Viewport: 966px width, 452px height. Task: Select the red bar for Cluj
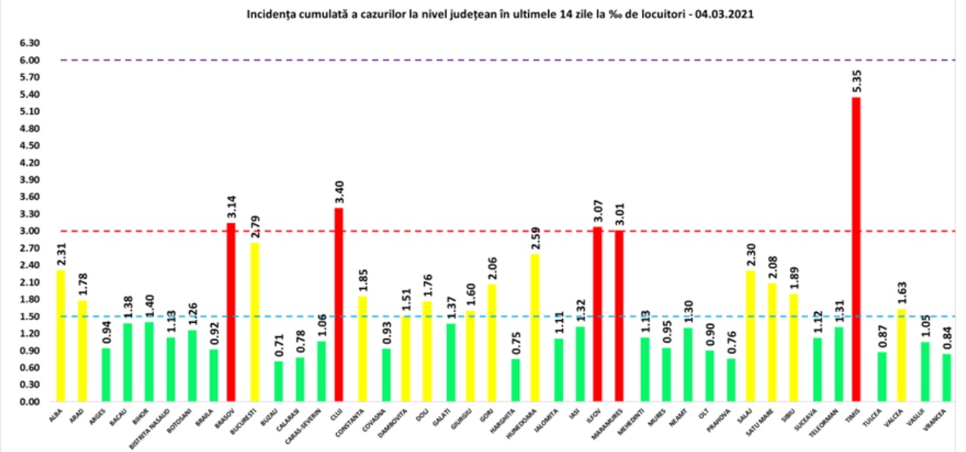click(x=338, y=304)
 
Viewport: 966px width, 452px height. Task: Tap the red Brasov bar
click(x=231, y=311)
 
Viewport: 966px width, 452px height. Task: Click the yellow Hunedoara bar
click(x=535, y=327)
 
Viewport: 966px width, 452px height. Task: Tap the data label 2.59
click(x=535, y=237)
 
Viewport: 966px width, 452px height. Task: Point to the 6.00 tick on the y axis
click(x=30, y=60)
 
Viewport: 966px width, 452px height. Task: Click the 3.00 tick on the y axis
click(x=30, y=231)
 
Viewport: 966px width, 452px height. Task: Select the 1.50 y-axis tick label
click(x=30, y=317)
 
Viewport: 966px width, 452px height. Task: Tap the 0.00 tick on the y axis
click(x=30, y=402)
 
